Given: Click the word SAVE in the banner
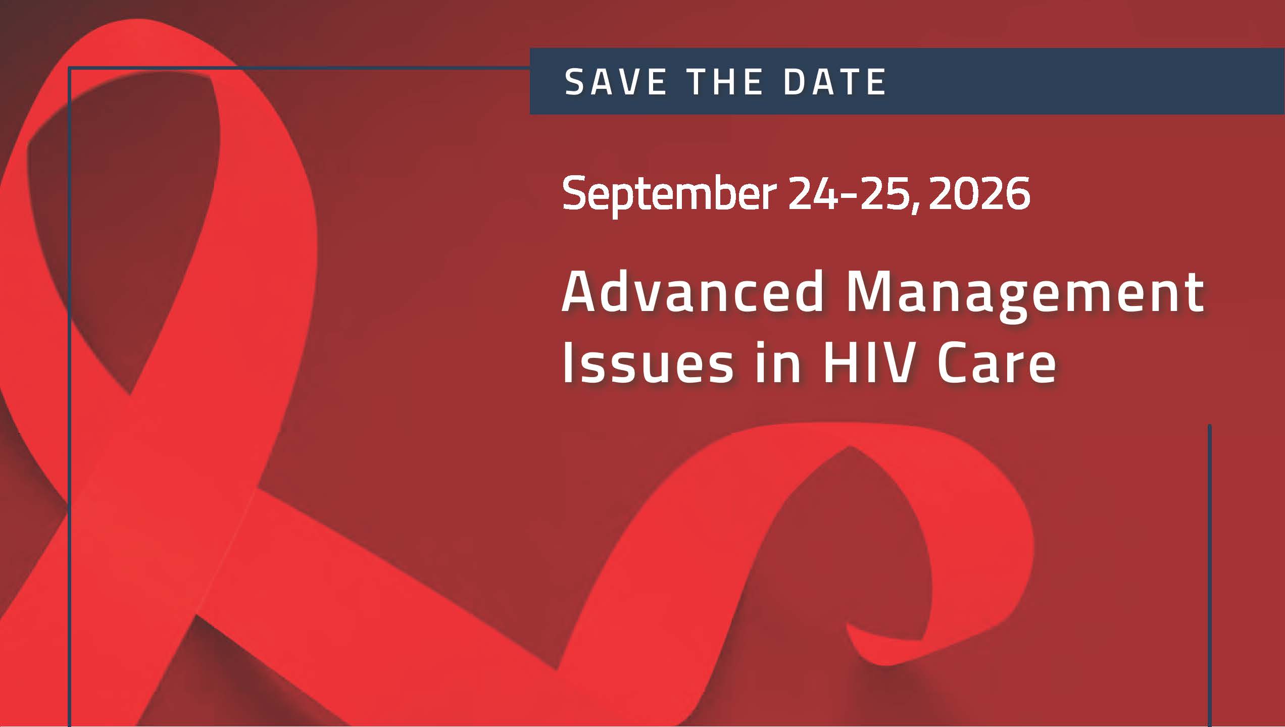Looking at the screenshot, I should (x=615, y=82).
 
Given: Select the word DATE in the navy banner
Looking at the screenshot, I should (x=834, y=82).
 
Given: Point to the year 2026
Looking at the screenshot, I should (x=979, y=193).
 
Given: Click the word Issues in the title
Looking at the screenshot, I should (x=647, y=363).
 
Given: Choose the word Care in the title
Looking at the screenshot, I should (x=997, y=363).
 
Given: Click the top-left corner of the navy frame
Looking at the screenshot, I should (x=70, y=68).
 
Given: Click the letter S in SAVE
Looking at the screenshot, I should (x=574, y=82).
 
